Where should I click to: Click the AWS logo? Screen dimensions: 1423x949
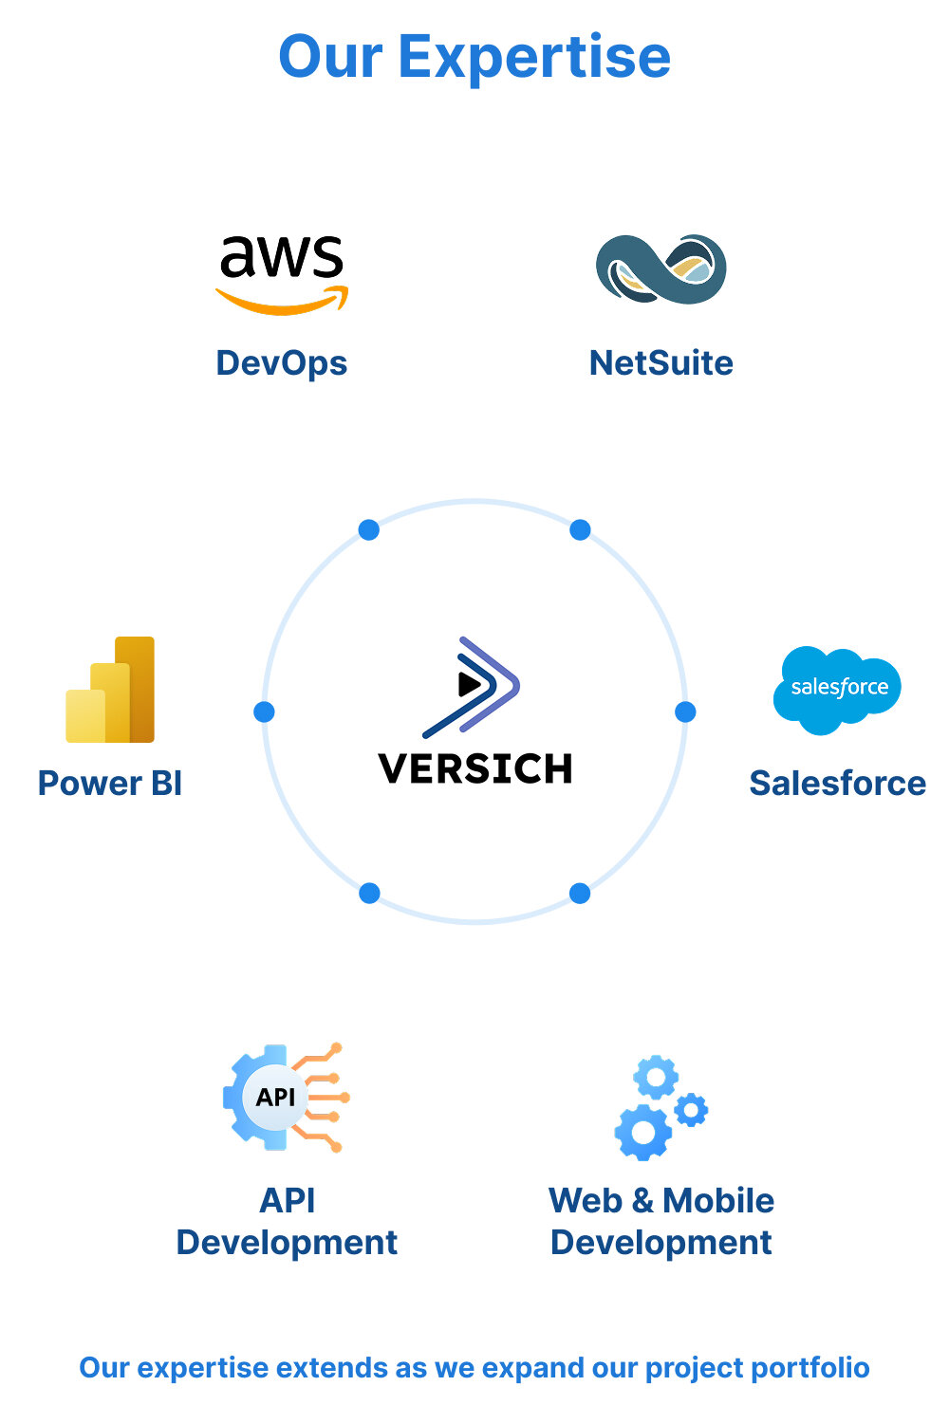(282, 273)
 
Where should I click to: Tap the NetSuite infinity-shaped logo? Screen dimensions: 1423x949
(661, 269)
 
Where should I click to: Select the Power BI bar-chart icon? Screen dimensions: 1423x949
(110, 690)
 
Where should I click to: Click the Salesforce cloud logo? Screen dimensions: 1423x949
(837, 689)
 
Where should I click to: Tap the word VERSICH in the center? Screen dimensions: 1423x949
(474, 768)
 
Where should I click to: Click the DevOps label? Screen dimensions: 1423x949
(282, 363)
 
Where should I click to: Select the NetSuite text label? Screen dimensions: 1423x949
(661, 363)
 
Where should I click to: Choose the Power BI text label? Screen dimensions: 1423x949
(110, 784)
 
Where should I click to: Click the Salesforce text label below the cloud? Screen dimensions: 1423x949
(837, 784)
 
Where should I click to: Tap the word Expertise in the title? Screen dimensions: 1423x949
(534, 57)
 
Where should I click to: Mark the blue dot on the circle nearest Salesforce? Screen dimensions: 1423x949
(685, 711)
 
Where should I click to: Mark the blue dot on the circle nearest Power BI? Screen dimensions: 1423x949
(265, 711)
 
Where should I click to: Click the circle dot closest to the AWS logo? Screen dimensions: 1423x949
(369, 530)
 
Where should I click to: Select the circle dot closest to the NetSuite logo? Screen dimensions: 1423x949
(580, 530)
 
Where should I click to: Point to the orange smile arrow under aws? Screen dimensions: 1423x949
(283, 302)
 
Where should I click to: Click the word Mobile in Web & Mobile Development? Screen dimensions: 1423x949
(718, 1201)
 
